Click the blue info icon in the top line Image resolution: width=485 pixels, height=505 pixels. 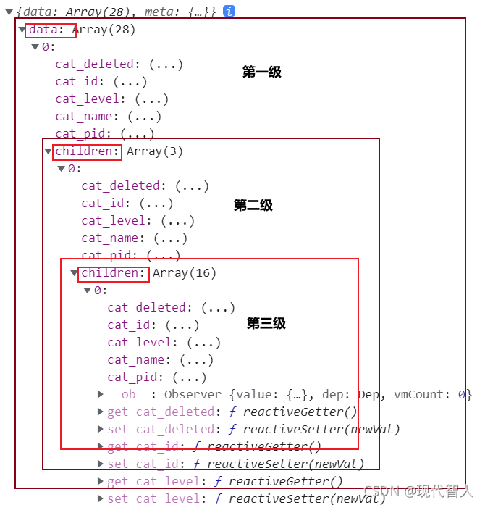[229, 11]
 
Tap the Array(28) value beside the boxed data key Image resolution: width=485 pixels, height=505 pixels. [104, 30]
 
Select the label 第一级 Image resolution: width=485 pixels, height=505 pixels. [261, 72]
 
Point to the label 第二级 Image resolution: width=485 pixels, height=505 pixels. [253, 205]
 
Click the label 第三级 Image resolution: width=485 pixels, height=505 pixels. [266, 323]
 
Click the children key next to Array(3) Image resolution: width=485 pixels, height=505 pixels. [88, 151]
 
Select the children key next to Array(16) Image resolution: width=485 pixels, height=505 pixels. [114, 273]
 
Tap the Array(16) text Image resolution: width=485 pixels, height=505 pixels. [185, 273]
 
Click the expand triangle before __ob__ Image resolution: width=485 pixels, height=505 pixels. [101, 395]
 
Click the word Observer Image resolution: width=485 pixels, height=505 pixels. [193, 395]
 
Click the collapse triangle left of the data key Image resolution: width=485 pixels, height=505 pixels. [22, 30]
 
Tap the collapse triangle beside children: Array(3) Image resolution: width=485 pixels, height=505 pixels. [48, 151]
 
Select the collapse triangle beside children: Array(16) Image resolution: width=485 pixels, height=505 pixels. [74, 273]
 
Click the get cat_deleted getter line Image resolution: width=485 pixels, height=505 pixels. [232, 412]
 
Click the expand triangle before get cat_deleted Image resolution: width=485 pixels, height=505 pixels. [101, 412]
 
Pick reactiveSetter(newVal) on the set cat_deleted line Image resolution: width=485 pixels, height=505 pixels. [321, 430]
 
